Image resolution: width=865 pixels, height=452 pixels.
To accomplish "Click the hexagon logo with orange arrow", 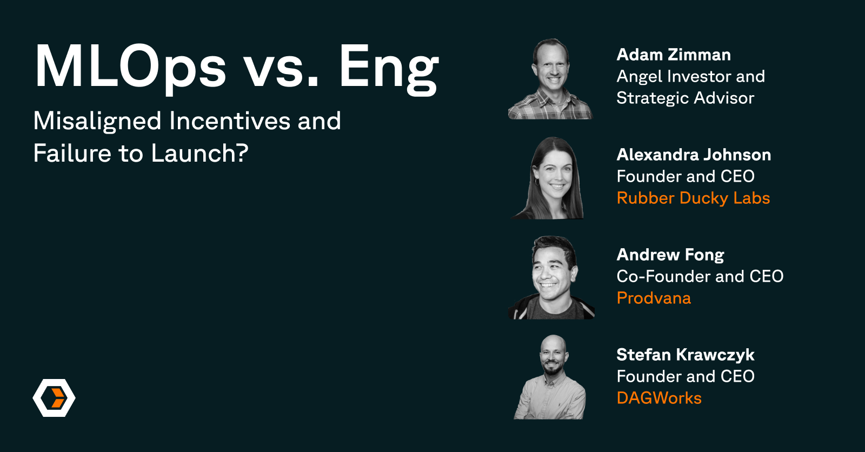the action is pos(54,398).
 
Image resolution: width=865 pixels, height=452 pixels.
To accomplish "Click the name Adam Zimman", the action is pos(674,55).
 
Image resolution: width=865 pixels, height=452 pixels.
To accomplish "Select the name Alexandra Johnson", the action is pos(694,155).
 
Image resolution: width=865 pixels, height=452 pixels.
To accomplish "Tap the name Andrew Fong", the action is pos(670,255).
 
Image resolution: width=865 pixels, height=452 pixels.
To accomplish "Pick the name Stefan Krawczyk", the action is pos(686,355).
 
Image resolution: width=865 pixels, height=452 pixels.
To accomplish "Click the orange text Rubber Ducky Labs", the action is pos(693,198).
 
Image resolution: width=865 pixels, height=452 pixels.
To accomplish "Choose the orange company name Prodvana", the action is pos(654,298).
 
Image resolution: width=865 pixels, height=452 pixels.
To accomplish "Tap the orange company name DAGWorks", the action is pos(659,398).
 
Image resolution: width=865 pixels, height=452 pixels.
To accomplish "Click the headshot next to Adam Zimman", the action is pos(551,79).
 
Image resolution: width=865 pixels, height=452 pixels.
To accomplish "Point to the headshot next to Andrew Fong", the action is pos(551,277).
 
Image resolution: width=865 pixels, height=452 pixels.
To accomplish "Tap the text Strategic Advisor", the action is pos(685,98).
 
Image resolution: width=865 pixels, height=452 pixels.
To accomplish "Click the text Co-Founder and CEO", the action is pos(700,277).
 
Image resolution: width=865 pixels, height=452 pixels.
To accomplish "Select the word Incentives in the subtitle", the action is pos(230,121).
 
